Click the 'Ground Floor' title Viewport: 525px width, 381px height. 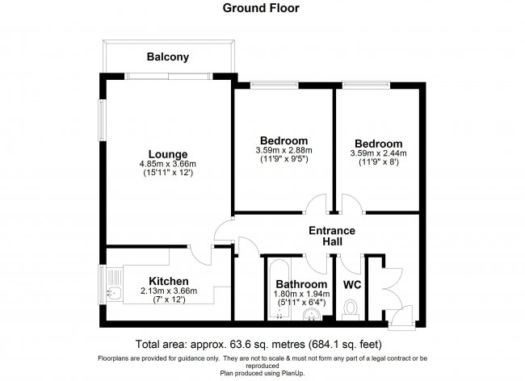(x=262, y=9)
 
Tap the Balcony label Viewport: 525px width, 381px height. (x=167, y=57)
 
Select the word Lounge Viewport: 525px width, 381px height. (x=167, y=154)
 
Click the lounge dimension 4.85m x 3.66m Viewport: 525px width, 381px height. (x=167, y=165)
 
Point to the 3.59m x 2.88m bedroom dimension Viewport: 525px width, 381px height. (x=283, y=150)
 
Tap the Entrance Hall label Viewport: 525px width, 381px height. (x=332, y=237)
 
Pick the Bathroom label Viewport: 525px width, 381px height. (x=301, y=285)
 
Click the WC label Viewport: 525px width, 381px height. (x=351, y=285)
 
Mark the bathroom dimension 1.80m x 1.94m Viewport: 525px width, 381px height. (x=301, y=295)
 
